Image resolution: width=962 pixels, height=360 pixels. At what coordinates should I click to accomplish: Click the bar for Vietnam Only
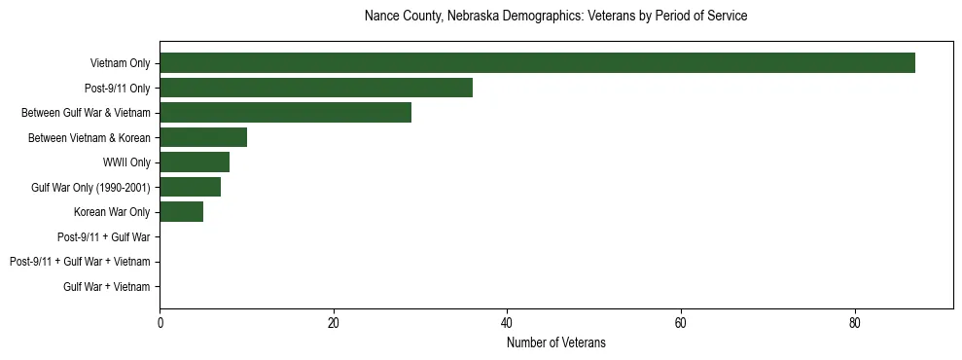click(x=537, y=63)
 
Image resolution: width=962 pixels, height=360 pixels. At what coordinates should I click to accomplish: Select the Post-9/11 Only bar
click(x=316, y=88)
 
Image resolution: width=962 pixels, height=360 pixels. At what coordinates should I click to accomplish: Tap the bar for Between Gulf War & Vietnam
click(x=285, y=113)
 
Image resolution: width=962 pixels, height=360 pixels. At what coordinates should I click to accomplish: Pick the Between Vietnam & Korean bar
click(x=203, y=137)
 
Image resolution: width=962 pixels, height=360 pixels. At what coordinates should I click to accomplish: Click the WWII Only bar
click(x=195, y=162)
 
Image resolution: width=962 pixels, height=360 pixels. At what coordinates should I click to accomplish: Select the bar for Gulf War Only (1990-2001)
click(x=190, y=187)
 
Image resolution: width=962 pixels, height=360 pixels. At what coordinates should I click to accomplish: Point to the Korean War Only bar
click(x=181, y=212)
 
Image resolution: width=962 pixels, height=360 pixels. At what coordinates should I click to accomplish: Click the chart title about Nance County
click(x=555, y=17)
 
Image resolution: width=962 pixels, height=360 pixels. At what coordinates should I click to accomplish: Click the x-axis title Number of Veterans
click(x=555, y=342)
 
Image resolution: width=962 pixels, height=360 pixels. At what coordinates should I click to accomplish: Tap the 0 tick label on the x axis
click(x=160, y=323)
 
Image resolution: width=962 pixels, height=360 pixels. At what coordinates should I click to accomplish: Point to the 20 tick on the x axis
click(x=334, y=323)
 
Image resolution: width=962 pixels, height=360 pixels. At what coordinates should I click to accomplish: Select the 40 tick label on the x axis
click(x=507, y=323)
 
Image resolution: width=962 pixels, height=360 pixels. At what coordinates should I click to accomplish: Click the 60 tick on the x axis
click(x=681, y=323)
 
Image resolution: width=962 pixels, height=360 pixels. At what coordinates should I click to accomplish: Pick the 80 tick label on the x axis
click(x=854, y=323)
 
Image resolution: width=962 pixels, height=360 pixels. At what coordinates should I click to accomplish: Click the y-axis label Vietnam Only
click(x=120, y=63)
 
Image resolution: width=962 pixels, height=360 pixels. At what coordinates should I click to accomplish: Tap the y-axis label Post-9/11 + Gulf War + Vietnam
click(x=80, y=262)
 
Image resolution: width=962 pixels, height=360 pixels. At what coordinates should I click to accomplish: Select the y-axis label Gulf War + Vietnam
click(x=107, y=286)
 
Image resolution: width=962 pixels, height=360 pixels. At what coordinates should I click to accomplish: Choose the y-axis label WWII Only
click(x=126, y=162)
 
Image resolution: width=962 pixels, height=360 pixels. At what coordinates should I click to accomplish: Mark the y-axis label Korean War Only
click(x=112, y=212)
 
